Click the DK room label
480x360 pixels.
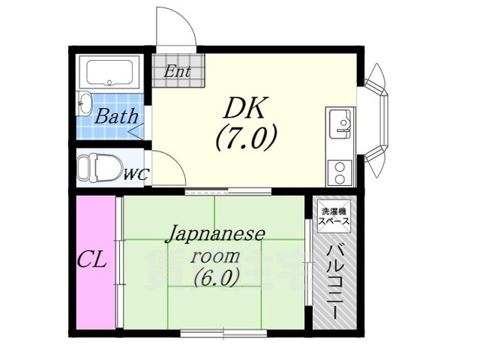[245, 108]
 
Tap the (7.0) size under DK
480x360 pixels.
[247, 138]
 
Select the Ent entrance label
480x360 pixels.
[178, 72]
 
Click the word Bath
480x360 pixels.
[116, 116]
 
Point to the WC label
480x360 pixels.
[136, 175]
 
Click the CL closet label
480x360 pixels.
[91, 261]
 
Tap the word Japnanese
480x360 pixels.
[214, 235]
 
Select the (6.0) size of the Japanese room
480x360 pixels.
[217, 277]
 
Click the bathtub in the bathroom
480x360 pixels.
[109, 73]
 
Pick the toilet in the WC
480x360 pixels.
[98, 168]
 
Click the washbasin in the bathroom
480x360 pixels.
[83, 103]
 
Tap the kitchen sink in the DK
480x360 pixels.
[340, 122]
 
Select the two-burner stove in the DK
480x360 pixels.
[340, 173]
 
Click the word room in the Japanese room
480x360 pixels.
[214, 256]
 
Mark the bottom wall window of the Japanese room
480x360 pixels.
[223, 333]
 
